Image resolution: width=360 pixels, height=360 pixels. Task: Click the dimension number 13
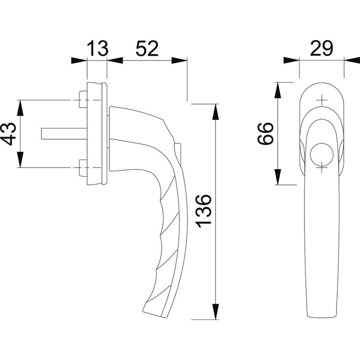click(x=97, y=48)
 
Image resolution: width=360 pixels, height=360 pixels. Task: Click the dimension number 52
click(x=147, y=48)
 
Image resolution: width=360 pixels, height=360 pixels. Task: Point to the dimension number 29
click(x=321, y=48)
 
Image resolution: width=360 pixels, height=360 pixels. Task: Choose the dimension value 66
click(x=266, y=134)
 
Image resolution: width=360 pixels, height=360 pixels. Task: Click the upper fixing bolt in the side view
click(x=83, y=100)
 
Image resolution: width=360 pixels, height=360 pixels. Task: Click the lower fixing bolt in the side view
click(x=83, y=168)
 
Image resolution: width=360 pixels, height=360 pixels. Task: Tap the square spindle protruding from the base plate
click(x=64, y=134)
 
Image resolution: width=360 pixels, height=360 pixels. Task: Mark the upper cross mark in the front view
click(x=322, y=100)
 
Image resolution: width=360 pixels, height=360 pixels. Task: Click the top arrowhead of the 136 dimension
click(x=215, y=112)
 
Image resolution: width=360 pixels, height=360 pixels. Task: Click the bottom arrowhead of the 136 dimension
click(x=215, y=311)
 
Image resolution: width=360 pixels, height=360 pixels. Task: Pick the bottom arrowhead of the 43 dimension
click(x=21, y=160)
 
